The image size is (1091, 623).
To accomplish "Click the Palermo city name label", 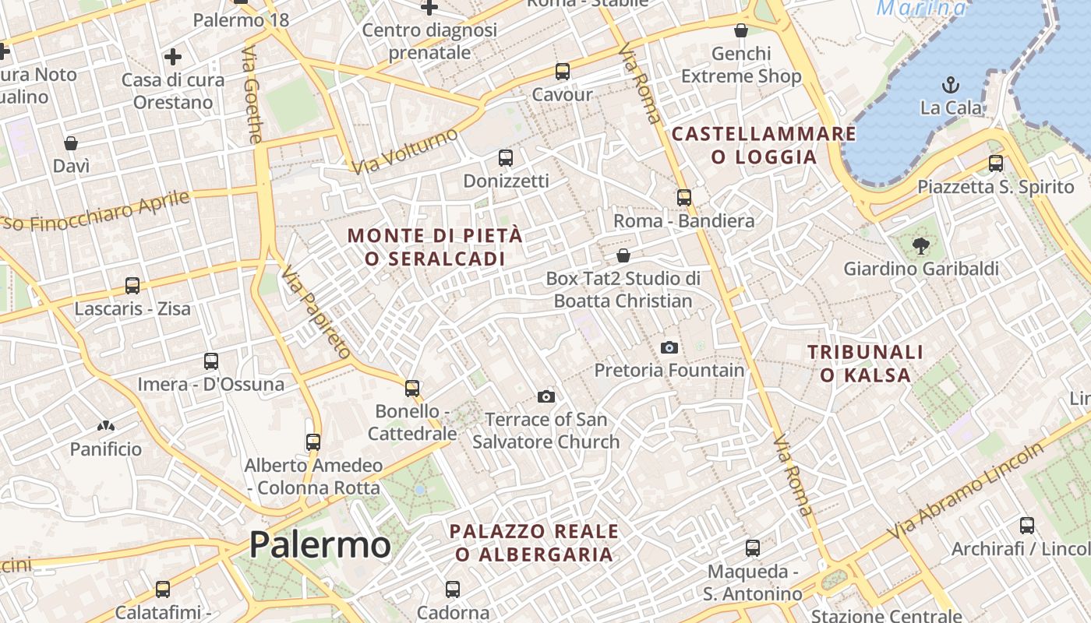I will [x=320, y=544].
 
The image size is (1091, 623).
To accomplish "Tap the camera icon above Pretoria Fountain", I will [x=669, y=347].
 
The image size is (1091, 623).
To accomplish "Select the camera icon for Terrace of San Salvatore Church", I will [x=546, y=397].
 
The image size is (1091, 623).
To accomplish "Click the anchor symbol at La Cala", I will [x=950, y=85].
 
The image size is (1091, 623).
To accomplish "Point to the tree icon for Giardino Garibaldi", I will [x=921, y=246].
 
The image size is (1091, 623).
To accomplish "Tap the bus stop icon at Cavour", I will [x=562, y=72].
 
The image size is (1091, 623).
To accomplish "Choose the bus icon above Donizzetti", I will [x=505, y=158].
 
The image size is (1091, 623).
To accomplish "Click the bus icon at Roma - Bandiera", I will [x=683, y=198].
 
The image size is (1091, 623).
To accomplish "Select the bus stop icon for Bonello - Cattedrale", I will [x=411, y=388].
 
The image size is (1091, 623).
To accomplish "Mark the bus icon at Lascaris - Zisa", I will [x=132, y=286].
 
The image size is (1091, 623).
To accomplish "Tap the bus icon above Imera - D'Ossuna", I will [x=210, y=361].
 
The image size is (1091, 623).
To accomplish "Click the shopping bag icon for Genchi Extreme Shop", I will [x=740, y=31].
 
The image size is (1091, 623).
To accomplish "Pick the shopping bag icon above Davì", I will [x=71, y=143].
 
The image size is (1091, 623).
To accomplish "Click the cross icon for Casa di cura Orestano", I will [x=172, y=57].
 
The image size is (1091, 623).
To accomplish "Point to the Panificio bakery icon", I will [x=105, y=426].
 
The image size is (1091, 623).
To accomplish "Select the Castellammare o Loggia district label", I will [x=764, y=145].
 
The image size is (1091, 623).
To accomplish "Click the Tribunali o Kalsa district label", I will [x=865, y=364].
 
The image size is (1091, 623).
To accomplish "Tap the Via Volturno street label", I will [x=404, y=151].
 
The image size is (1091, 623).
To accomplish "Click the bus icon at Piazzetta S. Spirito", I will [x=995, y=164].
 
